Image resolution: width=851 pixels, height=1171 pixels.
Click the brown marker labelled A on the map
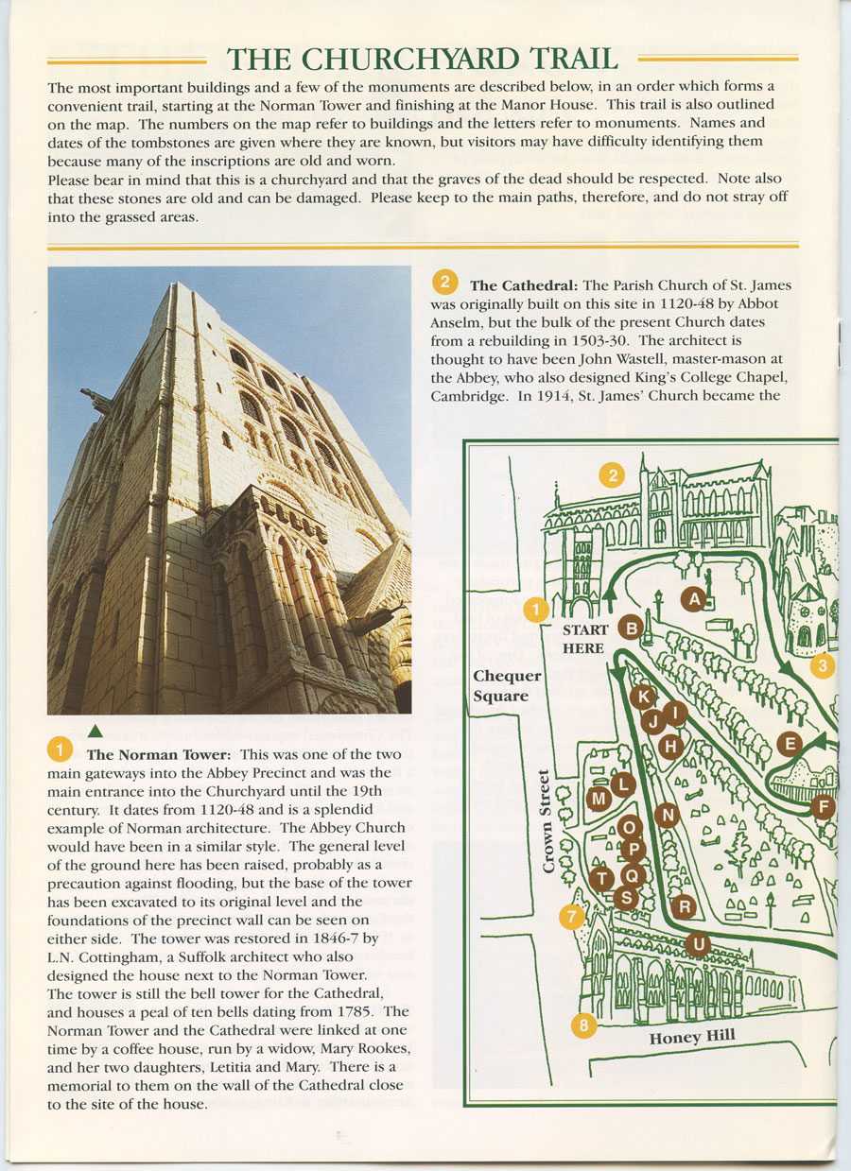coord(695,598)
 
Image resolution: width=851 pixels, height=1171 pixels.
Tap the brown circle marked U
coord(697,944)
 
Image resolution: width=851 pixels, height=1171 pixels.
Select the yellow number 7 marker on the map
coord(571,916)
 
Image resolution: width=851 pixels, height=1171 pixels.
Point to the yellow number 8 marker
coord(585,1025)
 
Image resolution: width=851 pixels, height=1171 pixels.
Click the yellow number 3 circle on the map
coord(823,666)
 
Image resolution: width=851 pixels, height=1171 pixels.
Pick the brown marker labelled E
coord(790,744)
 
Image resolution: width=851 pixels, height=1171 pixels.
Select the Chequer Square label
coord(508,686)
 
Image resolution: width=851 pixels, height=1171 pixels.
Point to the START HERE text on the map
coord(582,639)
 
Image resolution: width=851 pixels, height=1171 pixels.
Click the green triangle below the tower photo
coord(94,730)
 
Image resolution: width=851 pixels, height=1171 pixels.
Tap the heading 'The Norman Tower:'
coord(158,755)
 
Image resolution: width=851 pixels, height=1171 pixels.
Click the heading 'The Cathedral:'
coord(523,285)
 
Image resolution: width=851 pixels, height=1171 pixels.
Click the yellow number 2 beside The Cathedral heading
coord(444,282)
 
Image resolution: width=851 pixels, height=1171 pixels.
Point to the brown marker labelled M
coord(599,800)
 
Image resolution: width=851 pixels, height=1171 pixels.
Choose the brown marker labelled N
coord(668,815)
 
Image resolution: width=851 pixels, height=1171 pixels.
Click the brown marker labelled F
coord(823,808)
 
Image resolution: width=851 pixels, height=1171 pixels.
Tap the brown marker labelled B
coord(631,627)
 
